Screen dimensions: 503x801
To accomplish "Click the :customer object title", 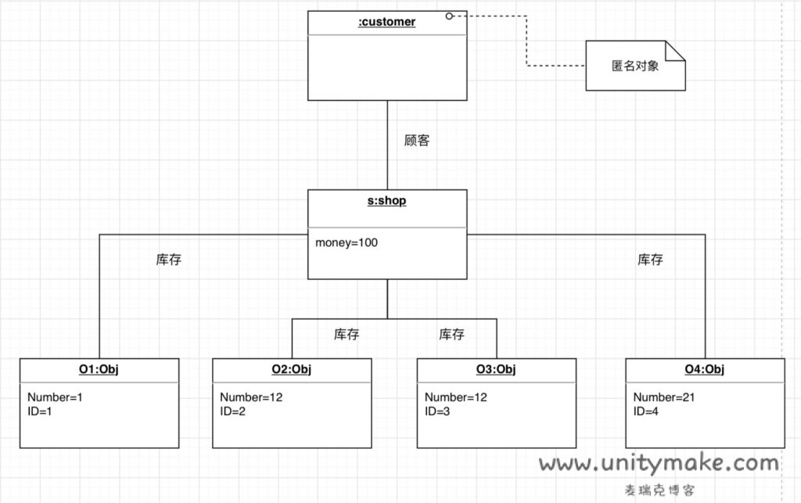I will (x=386, y=23).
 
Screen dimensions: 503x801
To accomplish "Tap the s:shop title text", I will (x=386, y=201).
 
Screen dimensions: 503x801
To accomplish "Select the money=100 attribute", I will (x=347, y=243).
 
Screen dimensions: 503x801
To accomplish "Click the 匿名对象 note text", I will (x=635, y=66).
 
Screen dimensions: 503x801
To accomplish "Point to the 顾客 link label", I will (x=416, y=141).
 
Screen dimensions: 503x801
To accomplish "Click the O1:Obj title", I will (x=99, y=369).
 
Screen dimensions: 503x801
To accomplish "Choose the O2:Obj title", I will (x=291, y=369).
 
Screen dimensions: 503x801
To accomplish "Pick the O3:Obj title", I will (x=496, y=369).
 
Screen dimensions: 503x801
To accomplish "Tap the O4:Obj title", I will (x=705, y=369).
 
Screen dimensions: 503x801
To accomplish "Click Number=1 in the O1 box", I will (x=55, y=397).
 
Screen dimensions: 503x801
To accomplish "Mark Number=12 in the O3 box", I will (x=456, y=397).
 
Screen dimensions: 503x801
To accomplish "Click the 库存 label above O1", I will (x=168, y=260).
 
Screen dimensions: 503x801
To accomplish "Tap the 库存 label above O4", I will (x=650, y=259).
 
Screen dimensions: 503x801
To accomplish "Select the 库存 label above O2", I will (x=347, y=334).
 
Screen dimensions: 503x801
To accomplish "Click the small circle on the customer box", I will (x=450, y=16).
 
